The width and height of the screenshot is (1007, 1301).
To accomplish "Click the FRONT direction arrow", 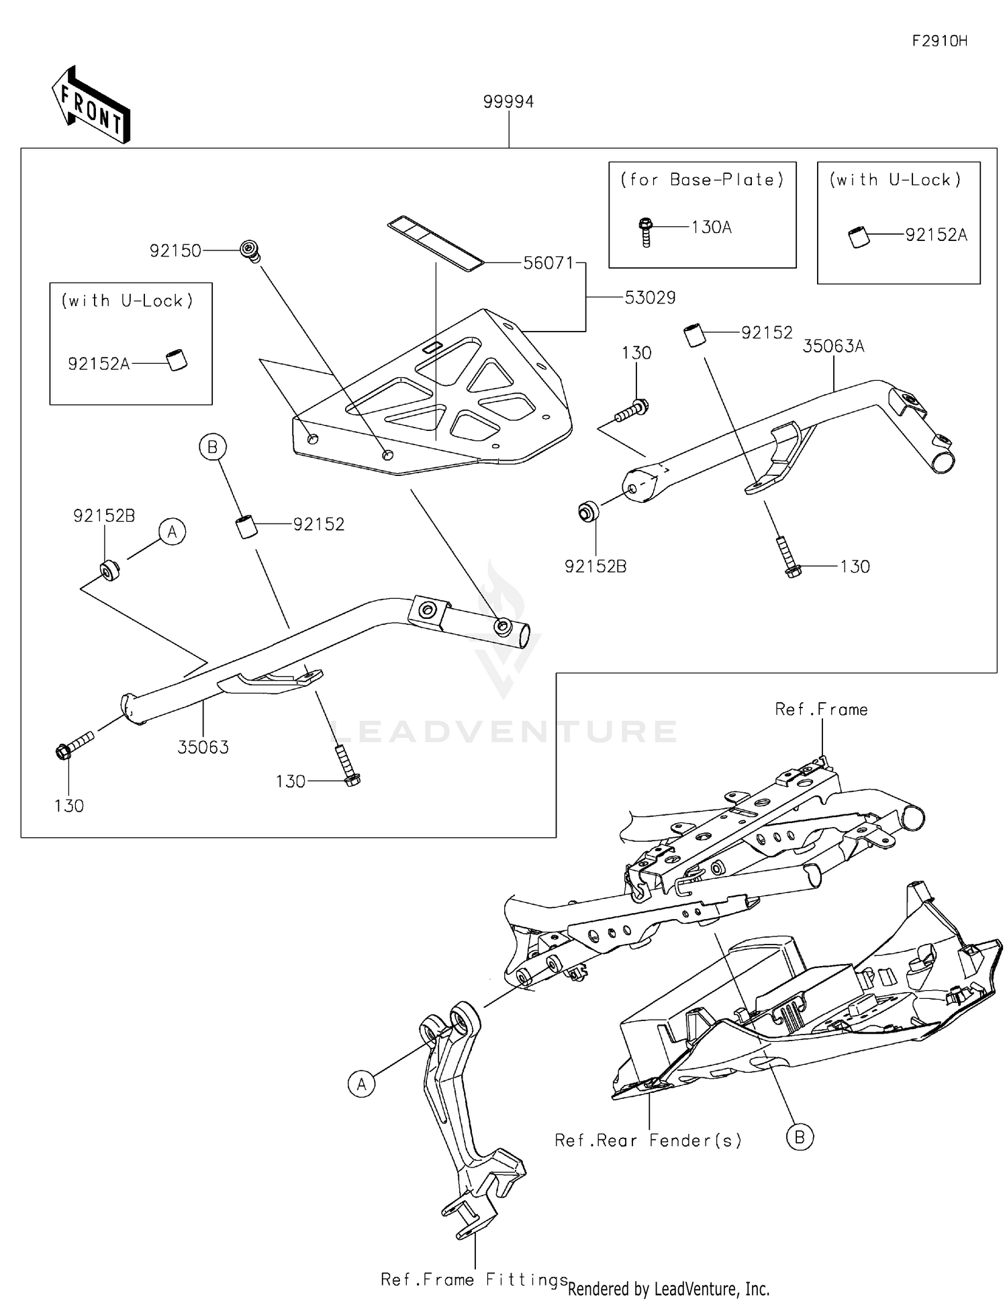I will [91, 105].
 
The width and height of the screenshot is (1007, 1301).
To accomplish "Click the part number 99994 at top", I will [508, 102].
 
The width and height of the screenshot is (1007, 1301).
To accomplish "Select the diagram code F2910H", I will [939, 41].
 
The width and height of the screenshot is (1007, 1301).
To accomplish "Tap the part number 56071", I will [548, 263].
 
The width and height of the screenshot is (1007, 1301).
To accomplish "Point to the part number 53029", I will [649, 298].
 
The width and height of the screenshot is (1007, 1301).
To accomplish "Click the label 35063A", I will [833, 346].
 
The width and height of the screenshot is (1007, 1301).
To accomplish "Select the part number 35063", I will [203, 747].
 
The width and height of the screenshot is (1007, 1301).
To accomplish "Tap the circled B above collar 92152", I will [213, 447].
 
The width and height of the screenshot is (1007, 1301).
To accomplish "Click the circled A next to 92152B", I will [173, 532].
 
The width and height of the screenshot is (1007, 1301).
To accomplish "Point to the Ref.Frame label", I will [821, 710].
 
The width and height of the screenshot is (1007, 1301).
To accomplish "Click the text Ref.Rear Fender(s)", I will [648, 1141].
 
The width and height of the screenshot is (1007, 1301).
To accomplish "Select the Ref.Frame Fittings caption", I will [474, 1280].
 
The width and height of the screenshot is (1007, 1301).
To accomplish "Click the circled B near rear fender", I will [800, 1137].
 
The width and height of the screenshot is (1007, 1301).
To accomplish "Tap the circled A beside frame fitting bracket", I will [362, 1083].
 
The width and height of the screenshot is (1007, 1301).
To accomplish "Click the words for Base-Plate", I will [702, 180].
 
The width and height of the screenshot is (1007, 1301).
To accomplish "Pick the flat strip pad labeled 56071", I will [435, 242].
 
